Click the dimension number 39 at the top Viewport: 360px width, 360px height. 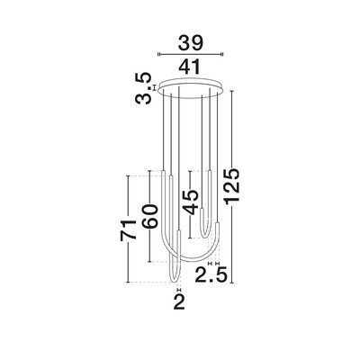click(x=191, y=42)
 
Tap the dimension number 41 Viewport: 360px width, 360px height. click(x=190, y=67)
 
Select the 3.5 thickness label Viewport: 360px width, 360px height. click(x=143, y=88)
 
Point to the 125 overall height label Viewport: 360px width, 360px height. click(x=233, y=187)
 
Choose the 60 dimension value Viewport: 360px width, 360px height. click(x=149, y=216)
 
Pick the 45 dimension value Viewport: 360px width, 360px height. click(x=191, y=202)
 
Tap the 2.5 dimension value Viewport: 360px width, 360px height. click(x=210, y=275)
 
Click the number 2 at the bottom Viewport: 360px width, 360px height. click(x=179, y=301)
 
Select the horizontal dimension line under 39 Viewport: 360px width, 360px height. click(x=191, y=54)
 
